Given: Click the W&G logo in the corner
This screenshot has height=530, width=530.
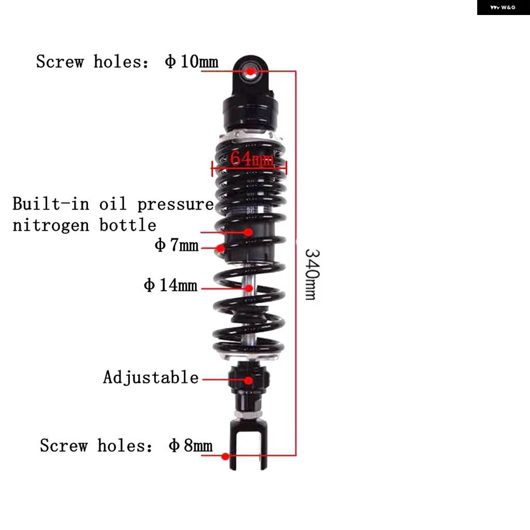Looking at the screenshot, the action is point(503,7).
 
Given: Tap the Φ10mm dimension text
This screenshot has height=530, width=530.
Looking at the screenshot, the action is point(192,62).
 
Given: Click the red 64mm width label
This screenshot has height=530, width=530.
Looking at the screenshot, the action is point(252,158).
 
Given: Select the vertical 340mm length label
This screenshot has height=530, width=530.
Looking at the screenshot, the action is point(312,274).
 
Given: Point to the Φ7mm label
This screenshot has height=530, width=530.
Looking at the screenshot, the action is point(176,245).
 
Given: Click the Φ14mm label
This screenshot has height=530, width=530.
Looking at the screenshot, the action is point(170,285).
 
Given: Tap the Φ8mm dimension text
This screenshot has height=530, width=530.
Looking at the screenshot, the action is point(190,445).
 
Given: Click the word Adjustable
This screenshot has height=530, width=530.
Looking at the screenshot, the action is point(151,377).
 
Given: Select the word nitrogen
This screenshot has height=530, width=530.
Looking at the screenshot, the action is point(51,225).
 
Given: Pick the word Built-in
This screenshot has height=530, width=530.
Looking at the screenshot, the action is point(51,203).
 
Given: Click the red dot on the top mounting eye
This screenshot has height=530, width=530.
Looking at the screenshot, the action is point(251,71).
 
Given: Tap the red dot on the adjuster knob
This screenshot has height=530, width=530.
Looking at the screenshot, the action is point(248,380).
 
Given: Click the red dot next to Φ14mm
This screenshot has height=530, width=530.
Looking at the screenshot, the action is point(249,288).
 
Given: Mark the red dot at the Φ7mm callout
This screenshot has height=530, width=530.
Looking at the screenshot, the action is point(220,248).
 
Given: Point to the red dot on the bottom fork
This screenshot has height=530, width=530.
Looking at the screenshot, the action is point(226,457).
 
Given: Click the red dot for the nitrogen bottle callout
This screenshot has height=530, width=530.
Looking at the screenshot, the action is point(248,232).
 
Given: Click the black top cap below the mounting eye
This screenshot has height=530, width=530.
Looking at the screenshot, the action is point(251,112).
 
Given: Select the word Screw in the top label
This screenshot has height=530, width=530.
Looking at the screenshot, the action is point(60,62).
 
